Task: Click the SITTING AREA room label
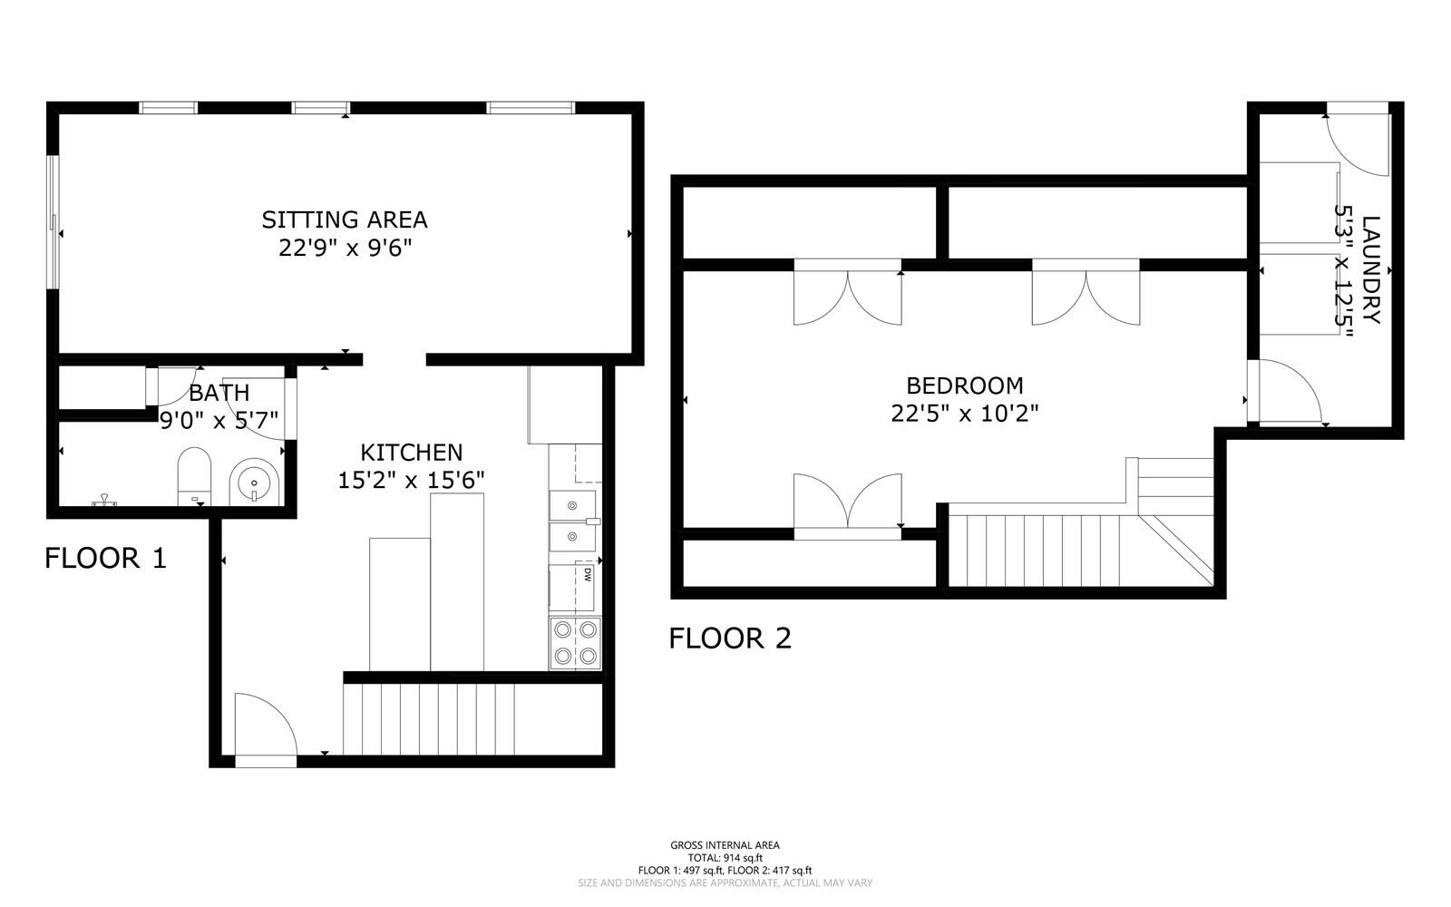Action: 345,219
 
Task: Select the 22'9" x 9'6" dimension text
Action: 346,248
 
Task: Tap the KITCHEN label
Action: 412,452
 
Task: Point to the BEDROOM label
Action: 965,385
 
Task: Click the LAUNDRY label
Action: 1370,269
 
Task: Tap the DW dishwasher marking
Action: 588,574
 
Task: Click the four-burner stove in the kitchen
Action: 575,643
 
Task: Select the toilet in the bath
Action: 194,476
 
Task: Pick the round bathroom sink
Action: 255,483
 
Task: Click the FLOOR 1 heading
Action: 105,558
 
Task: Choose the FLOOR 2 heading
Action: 730,639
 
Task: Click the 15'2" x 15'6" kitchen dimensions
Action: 412,480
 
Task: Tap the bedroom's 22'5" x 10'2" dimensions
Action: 965,413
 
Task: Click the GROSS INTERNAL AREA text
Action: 725,844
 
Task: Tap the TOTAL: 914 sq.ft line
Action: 725,858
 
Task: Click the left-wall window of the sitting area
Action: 54,221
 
